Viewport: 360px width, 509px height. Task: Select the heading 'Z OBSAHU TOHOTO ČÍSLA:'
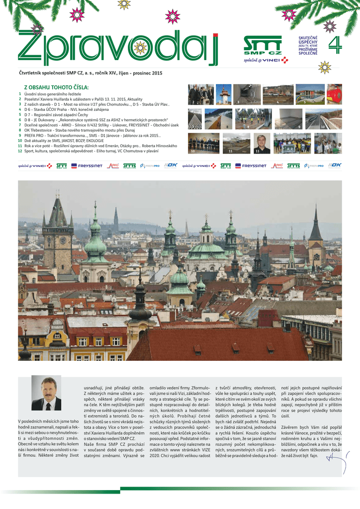point(56,87)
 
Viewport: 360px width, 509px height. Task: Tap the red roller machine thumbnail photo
point(334,94)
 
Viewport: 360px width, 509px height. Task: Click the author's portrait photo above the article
point(46,393)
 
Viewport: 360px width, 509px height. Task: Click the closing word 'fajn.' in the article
point(314,455)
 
